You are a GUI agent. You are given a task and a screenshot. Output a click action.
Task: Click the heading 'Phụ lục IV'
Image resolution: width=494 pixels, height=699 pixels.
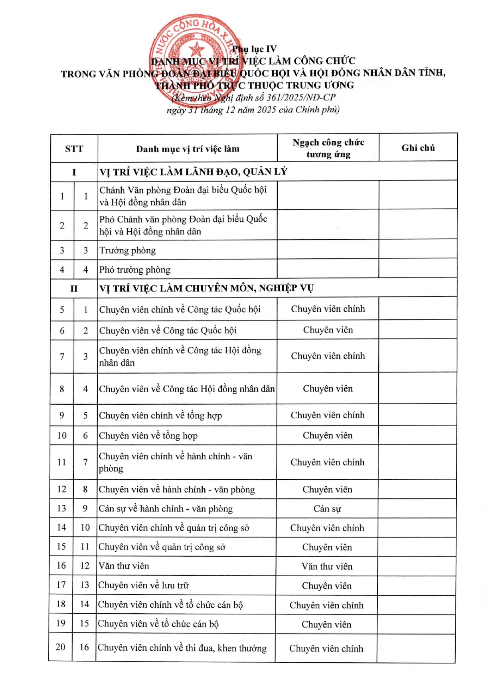coord(254,49)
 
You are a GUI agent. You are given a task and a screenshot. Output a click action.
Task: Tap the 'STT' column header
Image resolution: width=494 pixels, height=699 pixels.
coord(74,149)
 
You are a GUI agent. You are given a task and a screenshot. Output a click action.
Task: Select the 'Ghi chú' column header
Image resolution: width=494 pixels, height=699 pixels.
coord(418,148)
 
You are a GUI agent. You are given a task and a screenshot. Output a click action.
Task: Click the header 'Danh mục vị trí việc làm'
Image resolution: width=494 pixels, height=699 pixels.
coord(188,149)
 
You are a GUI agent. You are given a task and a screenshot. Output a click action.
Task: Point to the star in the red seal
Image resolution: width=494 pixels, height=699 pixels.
coord(196,50)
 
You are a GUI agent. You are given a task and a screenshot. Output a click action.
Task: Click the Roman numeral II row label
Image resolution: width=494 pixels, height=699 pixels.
coord(74,288)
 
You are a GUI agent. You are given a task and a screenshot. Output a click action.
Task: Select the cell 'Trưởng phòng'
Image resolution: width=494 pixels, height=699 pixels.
coord(128,250)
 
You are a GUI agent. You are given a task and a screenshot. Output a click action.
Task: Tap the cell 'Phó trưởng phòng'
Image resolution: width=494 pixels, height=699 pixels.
coord(135,270)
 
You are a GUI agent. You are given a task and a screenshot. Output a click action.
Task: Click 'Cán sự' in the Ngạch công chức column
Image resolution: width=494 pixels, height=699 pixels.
coord(327,509)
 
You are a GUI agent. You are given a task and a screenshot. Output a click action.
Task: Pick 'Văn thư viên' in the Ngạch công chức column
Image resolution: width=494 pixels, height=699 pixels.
coord(327,567)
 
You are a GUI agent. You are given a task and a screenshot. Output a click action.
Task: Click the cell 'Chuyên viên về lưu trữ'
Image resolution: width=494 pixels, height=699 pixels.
coord(144,585)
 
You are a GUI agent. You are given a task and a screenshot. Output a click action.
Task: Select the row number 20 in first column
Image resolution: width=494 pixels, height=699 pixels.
coord(60,647)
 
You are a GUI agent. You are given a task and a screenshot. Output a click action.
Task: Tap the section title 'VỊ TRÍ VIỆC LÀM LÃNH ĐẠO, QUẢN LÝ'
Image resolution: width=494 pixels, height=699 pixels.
coord(194,172)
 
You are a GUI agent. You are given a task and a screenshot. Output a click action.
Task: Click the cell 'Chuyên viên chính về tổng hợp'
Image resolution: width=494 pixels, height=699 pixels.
coord(160,415)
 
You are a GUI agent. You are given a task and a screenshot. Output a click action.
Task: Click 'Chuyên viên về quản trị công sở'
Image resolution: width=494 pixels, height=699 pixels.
coord(162,547)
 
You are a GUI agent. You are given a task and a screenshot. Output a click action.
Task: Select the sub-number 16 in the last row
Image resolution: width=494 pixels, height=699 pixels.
coord(84,647)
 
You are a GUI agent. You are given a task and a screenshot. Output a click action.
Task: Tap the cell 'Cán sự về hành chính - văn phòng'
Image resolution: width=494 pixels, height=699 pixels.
coord(166,509)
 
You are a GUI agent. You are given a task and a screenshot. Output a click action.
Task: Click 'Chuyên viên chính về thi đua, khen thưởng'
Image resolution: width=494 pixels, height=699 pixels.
coord(182,648)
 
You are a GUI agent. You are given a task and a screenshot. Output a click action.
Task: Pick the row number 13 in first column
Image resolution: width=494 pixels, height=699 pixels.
coord(61,508)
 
